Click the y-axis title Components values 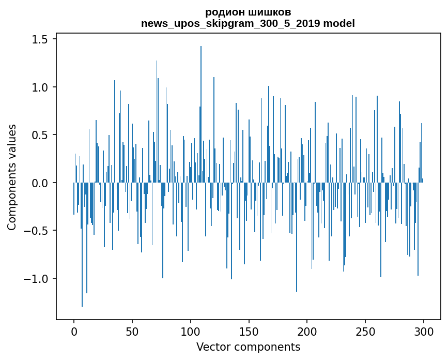click(12, 177)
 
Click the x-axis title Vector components click(248, 347)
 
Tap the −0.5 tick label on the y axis click(38, 231)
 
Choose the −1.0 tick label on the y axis click(38, 279)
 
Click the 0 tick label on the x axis click(74, 331)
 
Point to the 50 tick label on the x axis click(132, 331)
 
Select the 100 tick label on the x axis click(191, 331)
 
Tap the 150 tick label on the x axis click(249, 331)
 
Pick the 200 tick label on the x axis click(307, 331)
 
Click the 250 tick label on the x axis click(365, 331)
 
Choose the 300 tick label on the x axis click(424, 331)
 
